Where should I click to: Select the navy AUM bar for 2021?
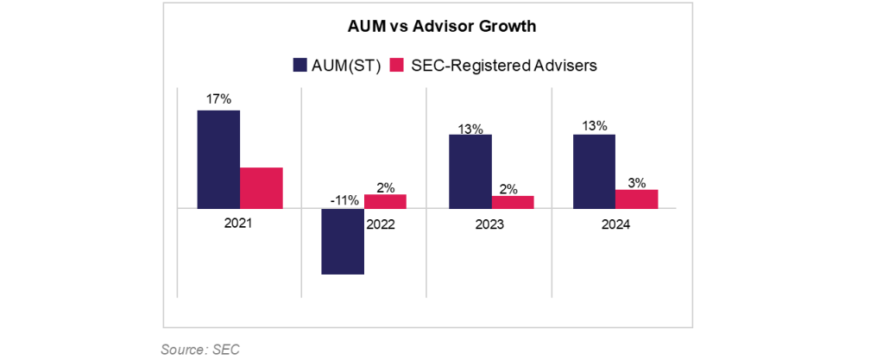pos(218,159)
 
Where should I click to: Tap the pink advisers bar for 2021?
pos(262,187)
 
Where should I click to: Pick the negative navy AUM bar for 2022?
pos(342,241)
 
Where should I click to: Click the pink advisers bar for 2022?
pos(385,201)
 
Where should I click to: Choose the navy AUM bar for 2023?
pos(470,171)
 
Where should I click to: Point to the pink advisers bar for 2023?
pos(513,202)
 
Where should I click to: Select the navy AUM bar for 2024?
pos(594,171)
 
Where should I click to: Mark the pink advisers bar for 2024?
pos(637,199)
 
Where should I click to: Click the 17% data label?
pos(218,99)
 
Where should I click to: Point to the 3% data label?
pos(637,182)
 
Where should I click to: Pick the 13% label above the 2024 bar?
pos(594,127)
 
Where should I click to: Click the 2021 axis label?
pos(239,223)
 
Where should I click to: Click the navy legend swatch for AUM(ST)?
pos(301,65)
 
